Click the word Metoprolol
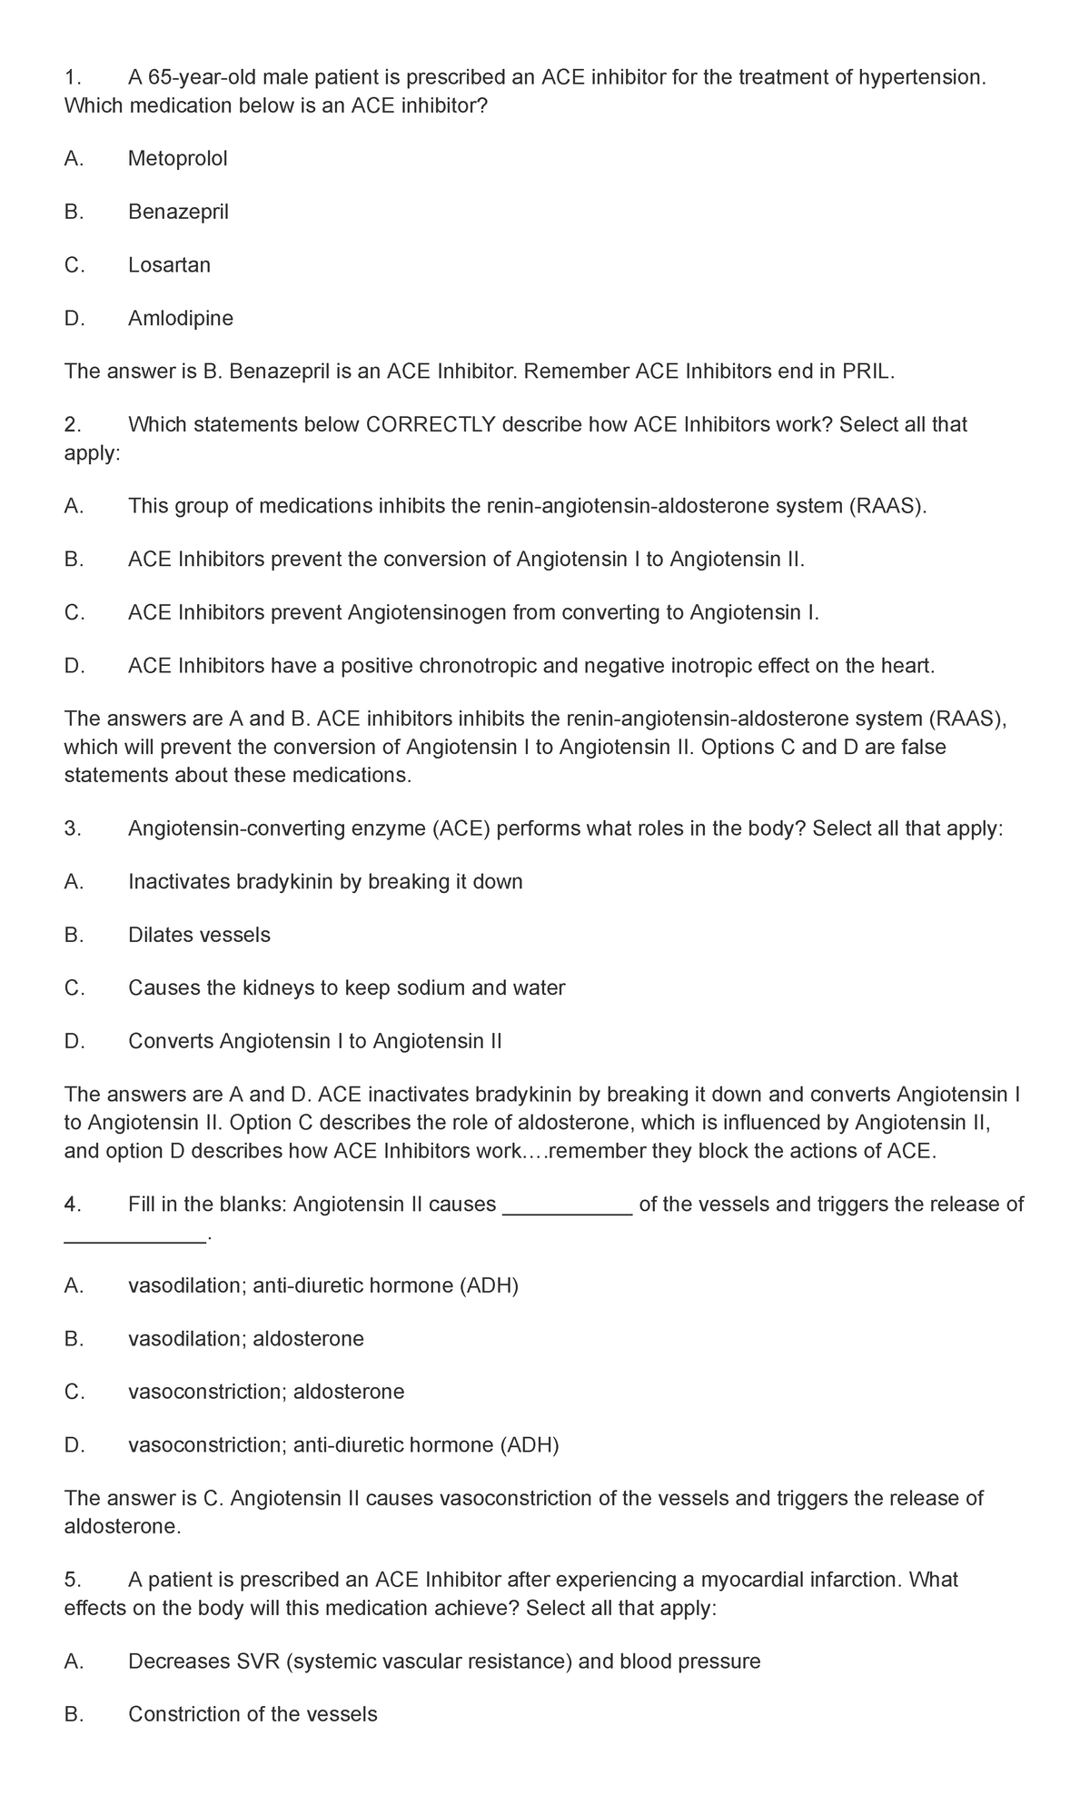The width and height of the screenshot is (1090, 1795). point(177,159)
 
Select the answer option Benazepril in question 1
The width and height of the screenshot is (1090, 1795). point(178,213)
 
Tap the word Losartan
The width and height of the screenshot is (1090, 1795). point(169,265)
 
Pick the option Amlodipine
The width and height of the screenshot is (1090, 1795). point(180,319)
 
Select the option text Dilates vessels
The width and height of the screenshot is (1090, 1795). point(199,935)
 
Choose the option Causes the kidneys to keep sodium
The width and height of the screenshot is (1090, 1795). point(346,987)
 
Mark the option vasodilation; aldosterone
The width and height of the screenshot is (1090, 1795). point(245,1338)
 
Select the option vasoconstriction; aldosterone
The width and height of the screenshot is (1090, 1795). point(266,1392)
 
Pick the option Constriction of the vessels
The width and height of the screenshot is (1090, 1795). point(252,1714)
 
